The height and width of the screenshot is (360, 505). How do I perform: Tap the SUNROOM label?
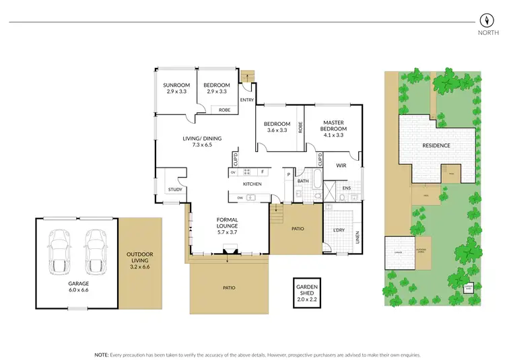pyautogui.click(x=176, y=85)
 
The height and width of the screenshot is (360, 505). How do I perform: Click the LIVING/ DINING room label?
pyautogui.click(x=202, y=139)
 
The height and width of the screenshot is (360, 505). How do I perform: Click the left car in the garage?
pyautogui.click(x=61, y=249)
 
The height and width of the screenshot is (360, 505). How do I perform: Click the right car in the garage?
pyautogui.click(x=95, y=249)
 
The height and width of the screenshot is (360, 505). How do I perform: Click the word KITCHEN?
pyautogui.click(x=252, y=184)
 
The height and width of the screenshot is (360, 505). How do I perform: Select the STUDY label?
pyautogui.click(x=175, y=190)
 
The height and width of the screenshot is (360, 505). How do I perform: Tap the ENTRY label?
pyautogui.click(x=246, y=100)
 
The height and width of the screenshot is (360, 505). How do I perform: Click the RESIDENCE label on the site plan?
pyautogui.click(x=436, y=145)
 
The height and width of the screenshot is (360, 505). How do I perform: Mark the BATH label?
pyautogui.click(x=303, y=180)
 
